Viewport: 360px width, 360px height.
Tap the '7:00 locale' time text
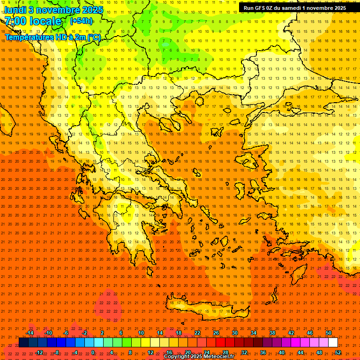tap(33, 21)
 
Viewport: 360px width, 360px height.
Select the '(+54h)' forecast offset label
tap(81, 21)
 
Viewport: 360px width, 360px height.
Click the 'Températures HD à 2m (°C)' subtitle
tap(52, 37)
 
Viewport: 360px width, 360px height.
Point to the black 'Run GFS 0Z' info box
tap(294, 7)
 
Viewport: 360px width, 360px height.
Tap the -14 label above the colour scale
tap(30, 333)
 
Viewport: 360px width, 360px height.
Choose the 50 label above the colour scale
tap(328, 333)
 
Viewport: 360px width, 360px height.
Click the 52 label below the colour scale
tap(337, 352)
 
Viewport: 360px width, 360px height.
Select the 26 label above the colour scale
tap(216, 333)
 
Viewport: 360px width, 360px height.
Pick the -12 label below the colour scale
tap(39, 352)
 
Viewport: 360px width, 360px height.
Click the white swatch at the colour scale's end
tap(333, 343)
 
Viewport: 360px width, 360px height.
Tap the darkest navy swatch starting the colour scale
tap(24, 343)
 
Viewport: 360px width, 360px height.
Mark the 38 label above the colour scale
tap(272, 333)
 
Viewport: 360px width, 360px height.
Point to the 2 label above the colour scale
tap(102, 333)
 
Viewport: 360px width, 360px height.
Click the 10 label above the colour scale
tap(141, 333)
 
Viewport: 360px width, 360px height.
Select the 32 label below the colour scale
tap(244, 352)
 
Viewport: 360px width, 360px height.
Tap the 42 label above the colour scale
tap(291, 333)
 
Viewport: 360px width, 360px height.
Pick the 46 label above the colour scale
tap(309, 333)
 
